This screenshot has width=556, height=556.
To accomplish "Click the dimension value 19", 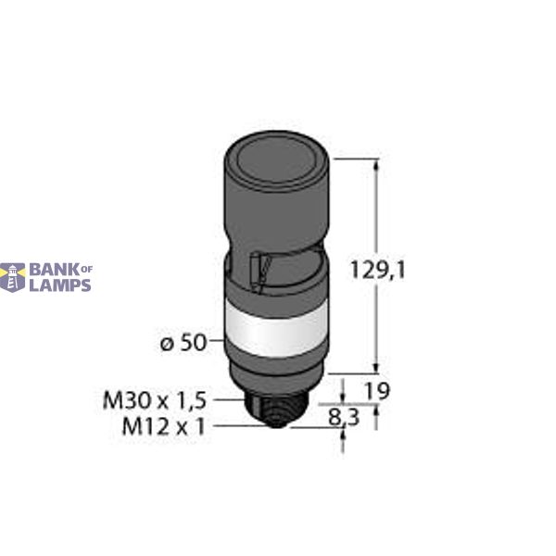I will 377,392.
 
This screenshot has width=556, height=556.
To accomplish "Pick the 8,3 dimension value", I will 347,417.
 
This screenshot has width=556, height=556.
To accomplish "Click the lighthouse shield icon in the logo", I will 13,276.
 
